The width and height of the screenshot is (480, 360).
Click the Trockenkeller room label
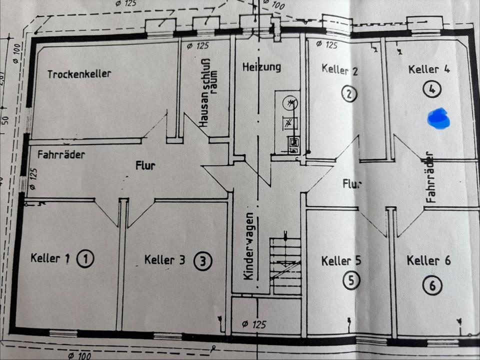[x=79, y=74]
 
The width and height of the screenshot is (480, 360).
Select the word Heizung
[x=261, y=66]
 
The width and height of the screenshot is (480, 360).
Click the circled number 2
[x=349, y=93]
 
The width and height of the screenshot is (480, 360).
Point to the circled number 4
[x=431, y=89]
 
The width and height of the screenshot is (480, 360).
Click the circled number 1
[x=85, y=259]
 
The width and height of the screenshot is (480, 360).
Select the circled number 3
[x=202, y=260]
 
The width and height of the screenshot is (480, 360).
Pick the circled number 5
[x=351, y=281]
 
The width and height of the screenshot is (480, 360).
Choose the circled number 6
[x=432, y=285]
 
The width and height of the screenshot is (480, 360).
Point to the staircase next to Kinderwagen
[x=285, y=265]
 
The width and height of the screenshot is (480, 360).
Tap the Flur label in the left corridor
[x=145, y=165]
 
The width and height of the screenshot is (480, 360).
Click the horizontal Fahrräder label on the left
[x=61, y=154]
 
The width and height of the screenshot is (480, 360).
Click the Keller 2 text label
[x=339, y=69]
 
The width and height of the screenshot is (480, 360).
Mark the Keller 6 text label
[x=428, y=260]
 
